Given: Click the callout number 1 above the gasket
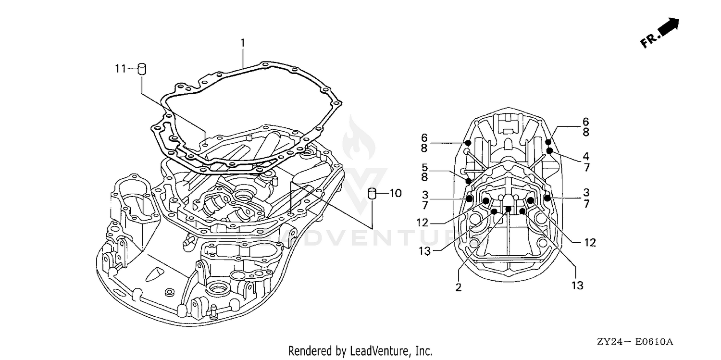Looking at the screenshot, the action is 243,43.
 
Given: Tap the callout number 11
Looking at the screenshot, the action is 120,69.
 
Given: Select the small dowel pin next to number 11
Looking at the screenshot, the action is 142,69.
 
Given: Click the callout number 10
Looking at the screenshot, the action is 396,193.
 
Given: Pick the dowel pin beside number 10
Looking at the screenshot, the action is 373,194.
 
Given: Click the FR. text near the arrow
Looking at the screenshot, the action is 648,41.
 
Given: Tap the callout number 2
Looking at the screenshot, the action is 459,287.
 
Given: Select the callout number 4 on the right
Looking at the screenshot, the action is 586,156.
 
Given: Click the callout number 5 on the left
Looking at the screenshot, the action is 425,167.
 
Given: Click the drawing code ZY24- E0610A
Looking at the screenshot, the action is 635,341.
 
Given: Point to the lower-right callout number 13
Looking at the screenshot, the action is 577,286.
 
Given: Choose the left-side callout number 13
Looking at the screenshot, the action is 424,250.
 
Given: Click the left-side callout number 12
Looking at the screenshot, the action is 423,223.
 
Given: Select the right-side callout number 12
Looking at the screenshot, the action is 590,242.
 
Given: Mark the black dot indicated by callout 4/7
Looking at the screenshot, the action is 549,150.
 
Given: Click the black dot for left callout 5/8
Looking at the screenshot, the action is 469,181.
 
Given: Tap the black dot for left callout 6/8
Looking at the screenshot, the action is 468,143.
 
